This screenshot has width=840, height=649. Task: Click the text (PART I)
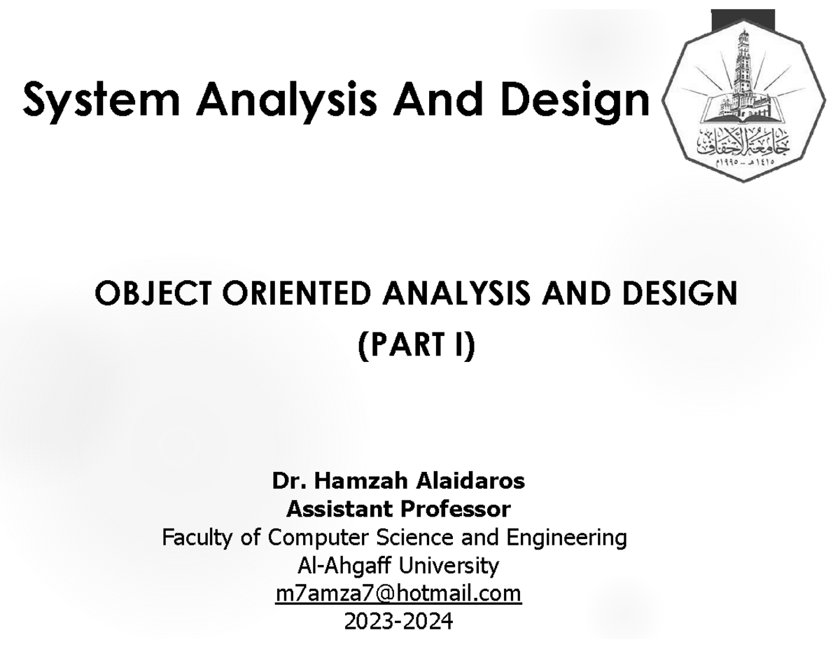pos(416,344)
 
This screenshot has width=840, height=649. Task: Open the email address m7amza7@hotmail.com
pos(399,593)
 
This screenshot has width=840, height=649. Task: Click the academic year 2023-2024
pos(399,620)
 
